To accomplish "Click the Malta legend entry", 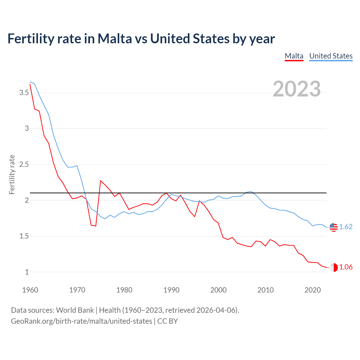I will tap(294, 56).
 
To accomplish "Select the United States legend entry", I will tap(331, 56).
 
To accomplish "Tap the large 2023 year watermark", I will tap(296, 89).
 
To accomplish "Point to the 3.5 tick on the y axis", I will tap(24, 93).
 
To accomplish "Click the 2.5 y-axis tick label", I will tap(24, 165).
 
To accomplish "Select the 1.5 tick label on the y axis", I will tap(24, 236).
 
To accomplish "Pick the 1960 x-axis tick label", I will tap(30, 290).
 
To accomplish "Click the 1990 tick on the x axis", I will tap(171, 290).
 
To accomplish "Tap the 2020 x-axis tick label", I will tap(312, 290).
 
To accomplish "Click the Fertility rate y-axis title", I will tap(12, 174).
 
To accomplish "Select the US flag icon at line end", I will tap(334, 227).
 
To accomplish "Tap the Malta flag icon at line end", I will tap(334, 267).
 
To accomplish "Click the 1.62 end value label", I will tap(346, 227).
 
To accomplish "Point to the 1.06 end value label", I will tap(346, 267).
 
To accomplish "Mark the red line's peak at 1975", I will tap(101, 181).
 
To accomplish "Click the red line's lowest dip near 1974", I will tap(96, 226).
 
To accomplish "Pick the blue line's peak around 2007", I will tap(251, 192).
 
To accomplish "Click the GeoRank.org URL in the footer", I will tap(82, 321).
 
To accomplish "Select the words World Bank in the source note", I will tap(75, 310).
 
